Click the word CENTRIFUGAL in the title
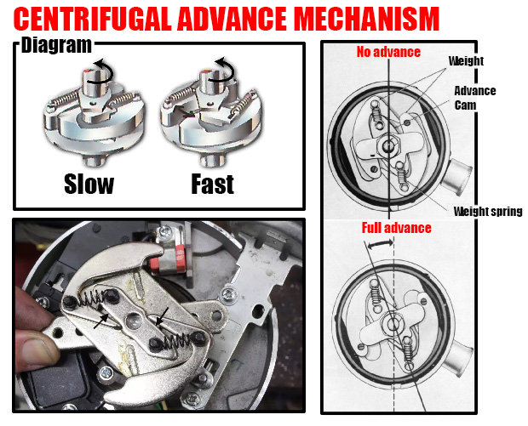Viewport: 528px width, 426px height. (x=93, y=19)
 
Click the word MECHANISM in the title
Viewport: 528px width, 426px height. (x=366, y=19)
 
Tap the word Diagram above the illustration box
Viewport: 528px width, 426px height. (x=56, y=45)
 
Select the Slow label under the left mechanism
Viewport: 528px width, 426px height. (x=89, y=184)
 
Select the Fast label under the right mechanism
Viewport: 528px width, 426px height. (x=213, y=184)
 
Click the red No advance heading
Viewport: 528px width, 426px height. (x=388, y=52)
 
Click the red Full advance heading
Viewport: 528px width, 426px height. (x=396, y=228)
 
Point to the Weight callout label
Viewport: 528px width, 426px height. (x=466, y=61)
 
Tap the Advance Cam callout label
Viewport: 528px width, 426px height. (x=475, y=98)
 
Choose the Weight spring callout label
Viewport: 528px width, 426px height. (x=488, y=211)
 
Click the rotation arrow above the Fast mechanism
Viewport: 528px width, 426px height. (x=222, y=70)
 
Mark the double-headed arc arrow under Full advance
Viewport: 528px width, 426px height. (x=380, y=244)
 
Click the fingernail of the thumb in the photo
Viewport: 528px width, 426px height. (x=37, y=350)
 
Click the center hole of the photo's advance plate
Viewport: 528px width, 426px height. (x=133, y=320)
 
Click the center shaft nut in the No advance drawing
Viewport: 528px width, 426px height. (x=388, y=145)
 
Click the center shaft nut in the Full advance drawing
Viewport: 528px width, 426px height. (x=393, y=325)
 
